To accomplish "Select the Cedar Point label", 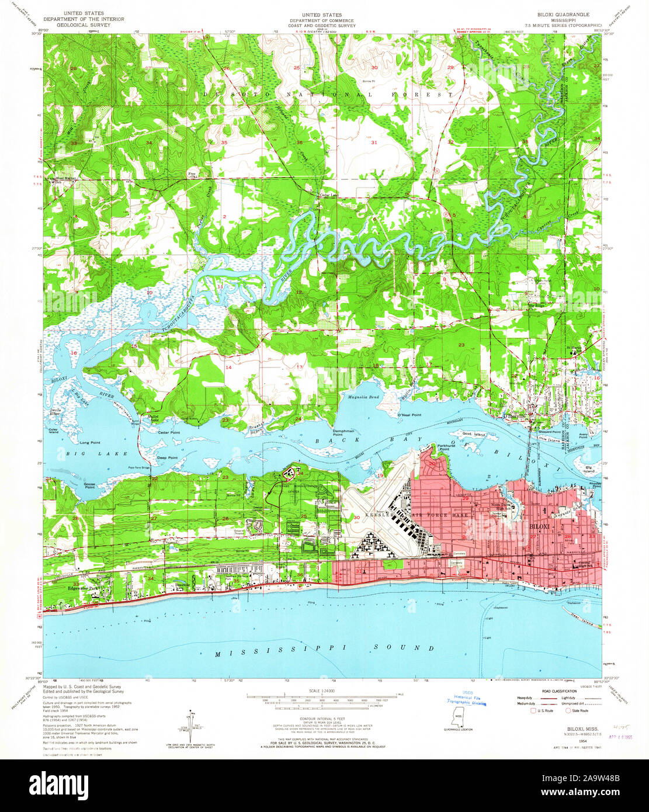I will (169, 432).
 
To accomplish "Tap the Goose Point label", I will (89, 487).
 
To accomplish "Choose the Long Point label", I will (90, 442).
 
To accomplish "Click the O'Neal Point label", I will (409, 415).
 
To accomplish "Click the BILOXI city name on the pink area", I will (540, 526).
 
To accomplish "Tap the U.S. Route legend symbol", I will (533, 711).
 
